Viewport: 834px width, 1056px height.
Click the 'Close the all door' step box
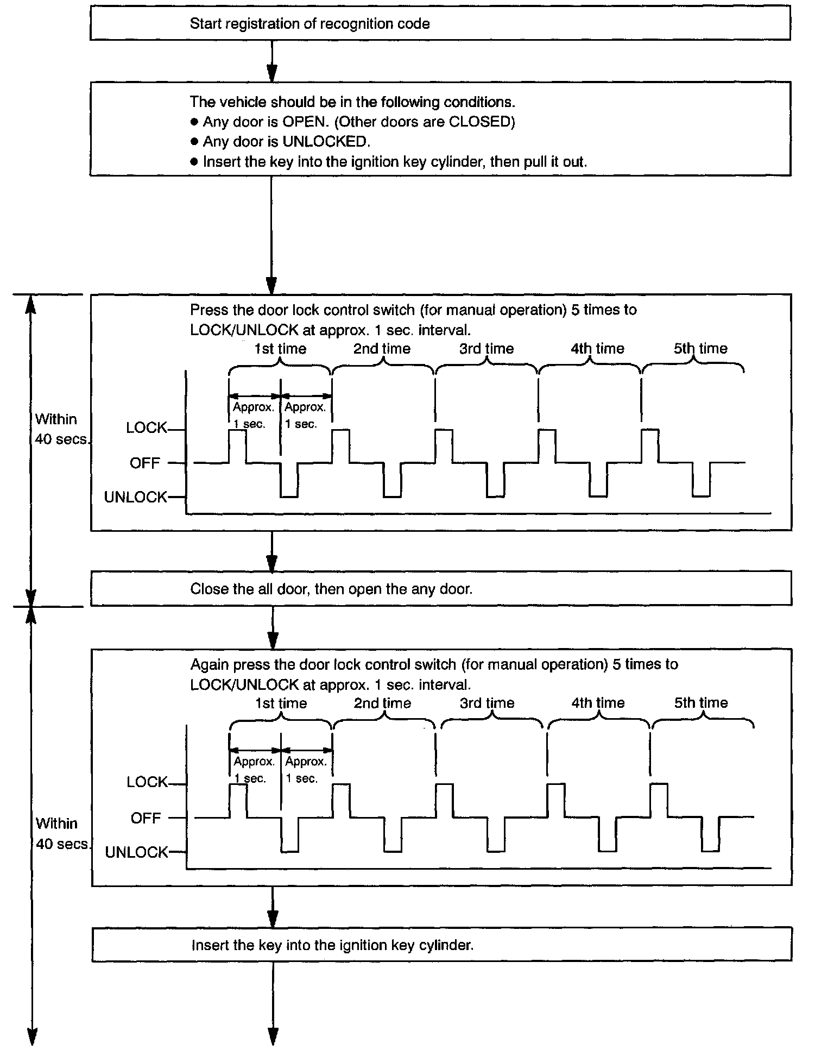pyautogui.click(x=441, y=589)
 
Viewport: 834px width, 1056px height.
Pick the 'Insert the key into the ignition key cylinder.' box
pyautogui.click(x=441, y=945)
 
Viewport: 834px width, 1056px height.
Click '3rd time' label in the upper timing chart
pyautogui.click(x=486, y=349)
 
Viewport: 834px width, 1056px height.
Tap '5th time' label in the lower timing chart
pyautogui.click(x=701, y=703)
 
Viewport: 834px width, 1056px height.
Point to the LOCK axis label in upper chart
pyautogui.click(x=147, y=428)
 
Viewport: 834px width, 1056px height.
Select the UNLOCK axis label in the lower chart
pyautogui.click(x=137, y=852)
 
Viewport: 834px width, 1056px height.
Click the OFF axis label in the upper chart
pyautogui.click(x=145, y=463)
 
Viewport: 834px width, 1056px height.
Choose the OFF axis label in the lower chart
pyautogui.click(x=146, y=818)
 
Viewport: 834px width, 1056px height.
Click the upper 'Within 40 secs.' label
pyautogui.click(x=61, y=429)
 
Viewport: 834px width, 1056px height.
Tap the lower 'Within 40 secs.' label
pyautogui.click(x=62, y=833)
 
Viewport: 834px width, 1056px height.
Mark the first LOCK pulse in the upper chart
pyautogui.click(x=237, y=445)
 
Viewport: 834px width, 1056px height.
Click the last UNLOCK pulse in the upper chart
pyautogui.click(x=701, y=481)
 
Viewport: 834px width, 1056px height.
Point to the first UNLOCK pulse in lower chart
pyautogui.click(x=289, y=835)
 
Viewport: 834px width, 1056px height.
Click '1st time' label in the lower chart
pyautogui.click(x=281, y=703)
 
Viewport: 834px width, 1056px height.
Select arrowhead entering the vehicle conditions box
pyautogui.click(x=272, y=73)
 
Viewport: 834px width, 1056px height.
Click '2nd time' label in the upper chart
pyautogui.click(x=382, y=349)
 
